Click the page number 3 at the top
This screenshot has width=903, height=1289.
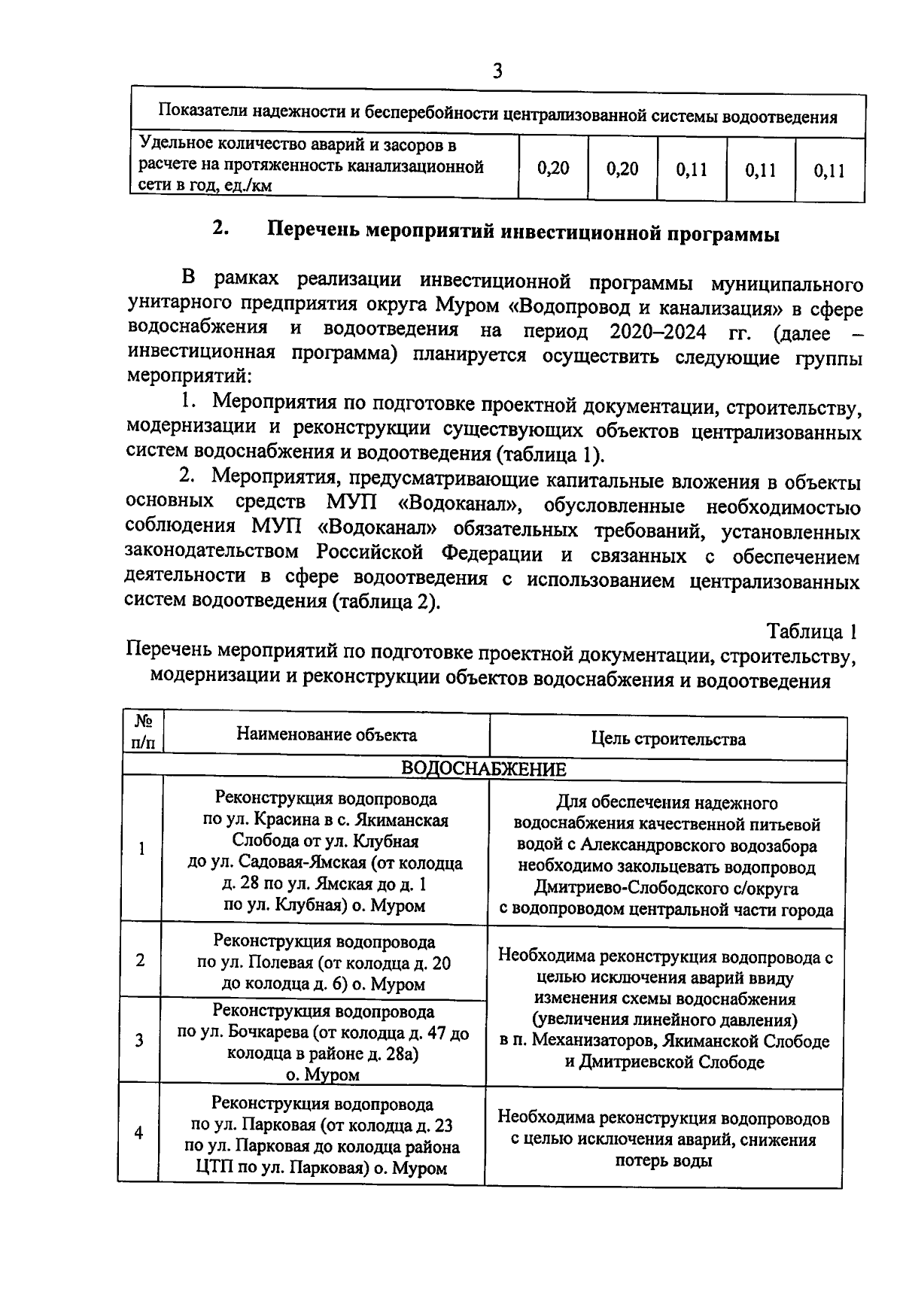[497, 71]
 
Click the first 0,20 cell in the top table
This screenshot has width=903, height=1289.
[554, 168]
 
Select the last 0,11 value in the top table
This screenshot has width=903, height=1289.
[829, 171]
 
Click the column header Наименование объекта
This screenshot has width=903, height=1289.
[327, 734]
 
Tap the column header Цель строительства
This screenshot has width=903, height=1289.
[667, 738]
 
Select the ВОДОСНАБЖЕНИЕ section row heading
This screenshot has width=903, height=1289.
[483, 768]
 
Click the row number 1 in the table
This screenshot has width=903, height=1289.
[141, 849]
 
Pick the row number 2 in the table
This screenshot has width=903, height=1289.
[141, 960]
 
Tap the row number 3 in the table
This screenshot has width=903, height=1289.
[140, 1040]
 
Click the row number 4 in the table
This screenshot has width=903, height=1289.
[139, 1132]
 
